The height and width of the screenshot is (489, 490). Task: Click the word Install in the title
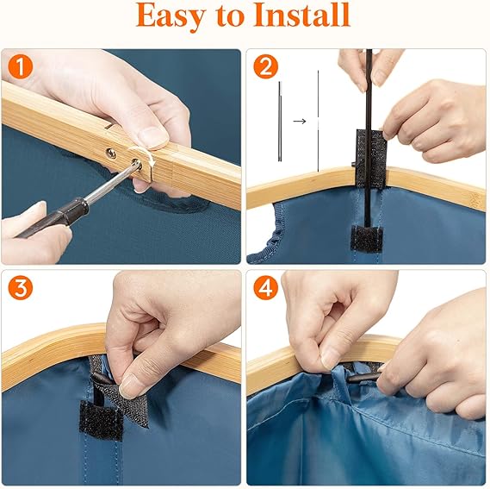pos(302,15)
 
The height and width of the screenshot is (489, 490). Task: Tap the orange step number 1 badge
pos(21,66)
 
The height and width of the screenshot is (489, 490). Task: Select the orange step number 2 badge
pos(265,66)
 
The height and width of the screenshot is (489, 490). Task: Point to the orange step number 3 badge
pos(21,288)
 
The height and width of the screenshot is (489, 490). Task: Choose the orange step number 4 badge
pos(265,288)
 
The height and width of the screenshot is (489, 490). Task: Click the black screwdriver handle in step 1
pos(53,216)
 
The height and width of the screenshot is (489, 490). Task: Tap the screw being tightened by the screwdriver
pos(137,163)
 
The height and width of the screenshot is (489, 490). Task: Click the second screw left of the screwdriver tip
pos(112,154)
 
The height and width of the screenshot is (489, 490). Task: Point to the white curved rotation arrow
pos(145,153)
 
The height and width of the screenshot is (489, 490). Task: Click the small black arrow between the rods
pos(300,121)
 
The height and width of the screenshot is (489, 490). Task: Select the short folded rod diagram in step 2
pos(280,122)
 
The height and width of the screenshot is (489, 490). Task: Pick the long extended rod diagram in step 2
pos(318,122)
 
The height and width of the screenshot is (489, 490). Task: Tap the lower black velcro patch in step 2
pos(366,238)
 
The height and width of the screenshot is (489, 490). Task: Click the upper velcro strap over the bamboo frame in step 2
pos(371,157)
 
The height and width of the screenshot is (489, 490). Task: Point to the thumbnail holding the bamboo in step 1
pos(154,137)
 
